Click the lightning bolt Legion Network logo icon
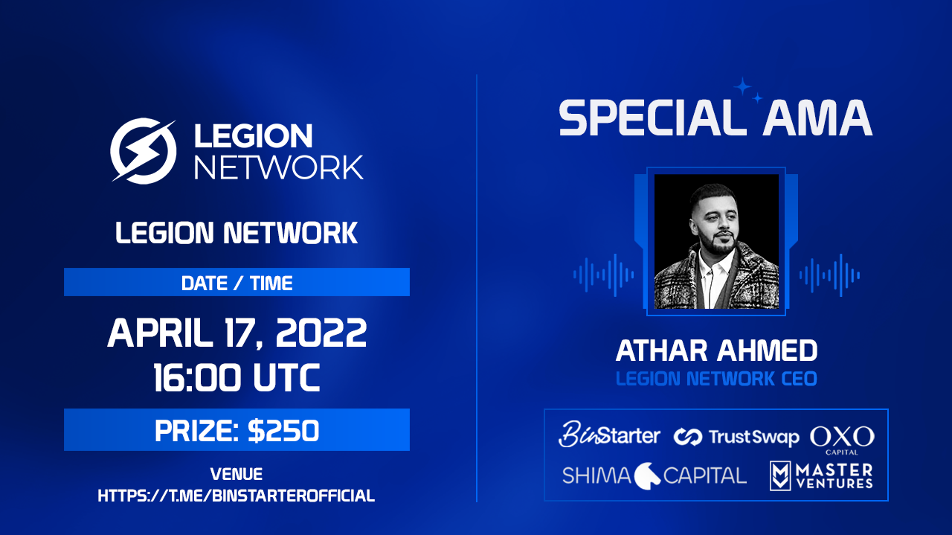[x=144, y=150]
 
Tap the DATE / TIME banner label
[x=237, y=283]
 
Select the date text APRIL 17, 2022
[x=237, y=333]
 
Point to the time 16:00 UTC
[x=237, y=378]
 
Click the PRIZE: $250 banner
[x=237, y=430]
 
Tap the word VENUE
[x=237, y=474]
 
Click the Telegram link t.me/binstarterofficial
[x=237, y=495]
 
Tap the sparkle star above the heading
[x=743, y=87]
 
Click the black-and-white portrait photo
[x=716, y=242]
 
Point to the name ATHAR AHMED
[x=716, y=350]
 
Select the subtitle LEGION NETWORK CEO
[x=716, y=379]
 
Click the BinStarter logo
[x=609, y=435]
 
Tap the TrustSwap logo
[x=736, y=437]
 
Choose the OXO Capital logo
[x=842, y=439]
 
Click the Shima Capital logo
[x=654, y=475]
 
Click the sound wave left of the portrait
[x=603, y=275]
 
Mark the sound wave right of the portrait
[x=829, y=275]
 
